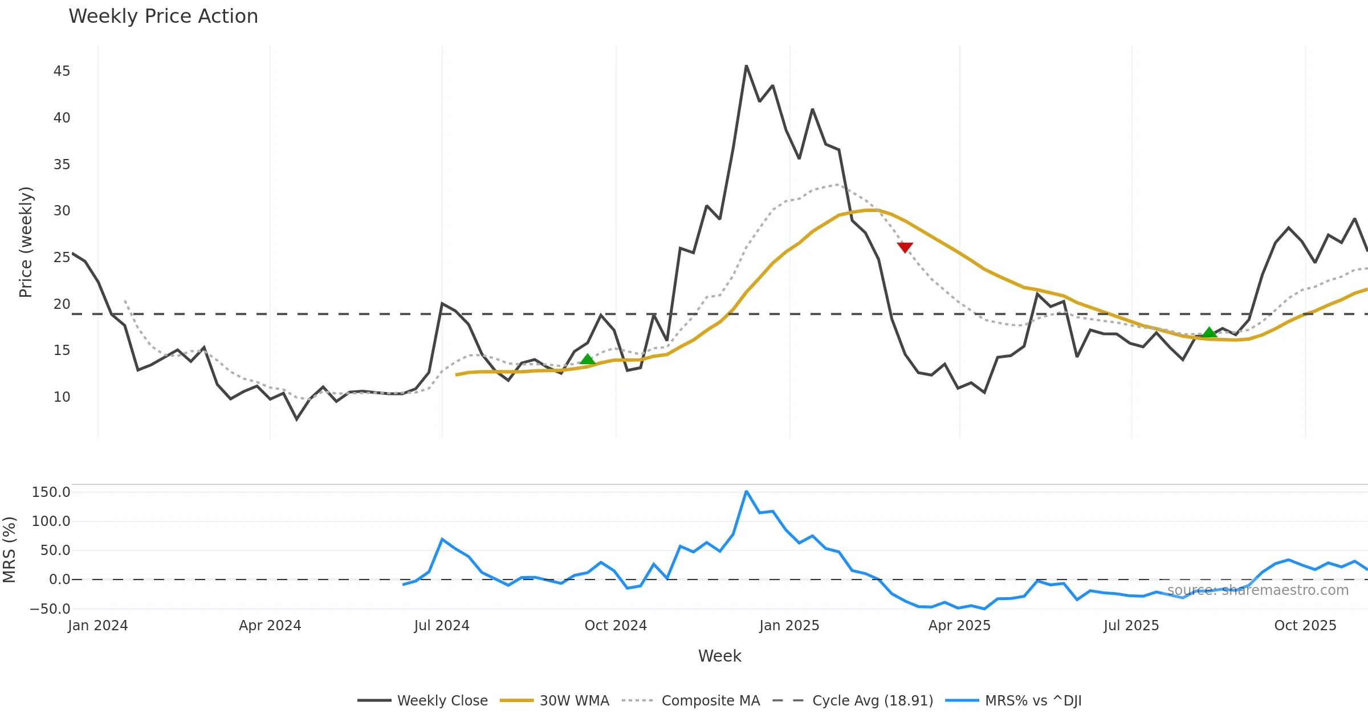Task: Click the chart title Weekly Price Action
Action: click(x=163, y=17)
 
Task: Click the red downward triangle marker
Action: click(x=905, y=247)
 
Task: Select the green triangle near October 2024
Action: click(x=588, y=359)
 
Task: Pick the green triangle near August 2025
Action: click(x=1209, y=332)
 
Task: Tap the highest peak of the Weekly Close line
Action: click(x=746, y=66)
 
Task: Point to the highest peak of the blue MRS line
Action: click(x=746, y=491)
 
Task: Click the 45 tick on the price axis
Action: click(x=62, y=71)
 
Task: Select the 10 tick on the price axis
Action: click(x=62, y=397)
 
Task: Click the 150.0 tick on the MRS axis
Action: click(x=51, y=492)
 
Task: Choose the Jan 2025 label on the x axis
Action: click(x=789, y=626)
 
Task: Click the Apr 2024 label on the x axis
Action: click(x=270, y=626)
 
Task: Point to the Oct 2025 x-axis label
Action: click(x=1305, y=626)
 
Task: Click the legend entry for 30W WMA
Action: click(x=574, y=700)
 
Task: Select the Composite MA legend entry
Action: click(x=710, y=700)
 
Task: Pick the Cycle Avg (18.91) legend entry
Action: click(x=872, y=700)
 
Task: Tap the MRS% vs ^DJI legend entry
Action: click(x=1033, y=700)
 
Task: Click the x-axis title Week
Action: click(x=719, y=656)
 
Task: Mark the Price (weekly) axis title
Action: click(x=26, y=242)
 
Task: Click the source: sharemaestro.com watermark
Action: click(x=1257, y=590)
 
